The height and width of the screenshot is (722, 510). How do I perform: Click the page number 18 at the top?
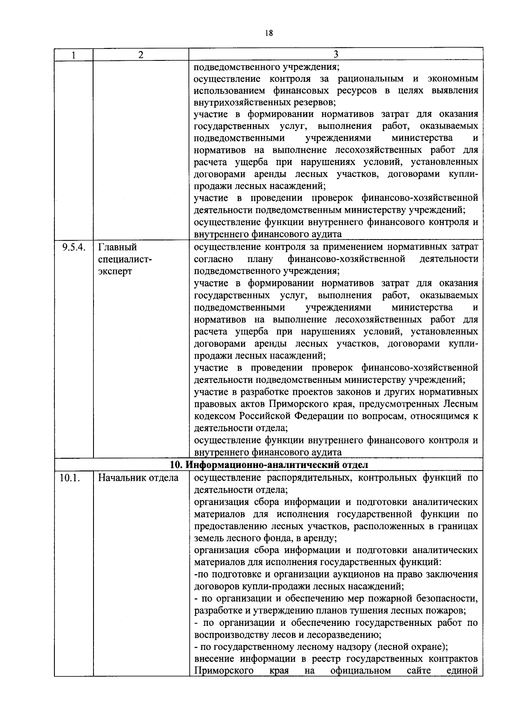(x=268, y=33)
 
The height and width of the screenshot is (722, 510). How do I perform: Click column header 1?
(x=74, y=54)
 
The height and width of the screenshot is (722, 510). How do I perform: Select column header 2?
(x=141, y=54)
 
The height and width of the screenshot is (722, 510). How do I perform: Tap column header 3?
(x=336, y=54)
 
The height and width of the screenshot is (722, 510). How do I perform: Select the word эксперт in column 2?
(x=115, y=271)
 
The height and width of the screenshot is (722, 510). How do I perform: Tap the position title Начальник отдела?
(x=139, y=478)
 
